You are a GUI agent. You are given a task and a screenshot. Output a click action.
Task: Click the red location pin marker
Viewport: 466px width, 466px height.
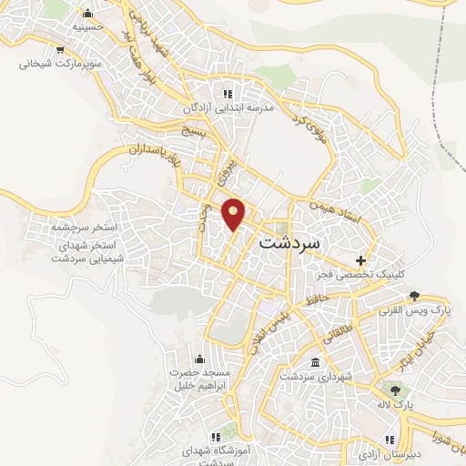pyautogui.click(x=234, y=213)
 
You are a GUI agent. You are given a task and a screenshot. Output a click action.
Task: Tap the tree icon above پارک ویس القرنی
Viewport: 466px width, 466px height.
pyautogui.click(x=415, y=295)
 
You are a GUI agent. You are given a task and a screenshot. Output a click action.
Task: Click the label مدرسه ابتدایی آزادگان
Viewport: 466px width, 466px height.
pyautogui.click(x=230, y=107)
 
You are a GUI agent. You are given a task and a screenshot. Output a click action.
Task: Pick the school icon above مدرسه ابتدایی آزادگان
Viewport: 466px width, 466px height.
pyautogui.click(x=228, y=94)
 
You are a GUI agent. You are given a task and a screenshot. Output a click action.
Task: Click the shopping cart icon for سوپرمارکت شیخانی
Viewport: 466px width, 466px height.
pyautogui.click(x=60, y=51)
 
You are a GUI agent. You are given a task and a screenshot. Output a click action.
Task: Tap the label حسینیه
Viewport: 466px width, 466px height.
pyautogui.click(x=88, y=27)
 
